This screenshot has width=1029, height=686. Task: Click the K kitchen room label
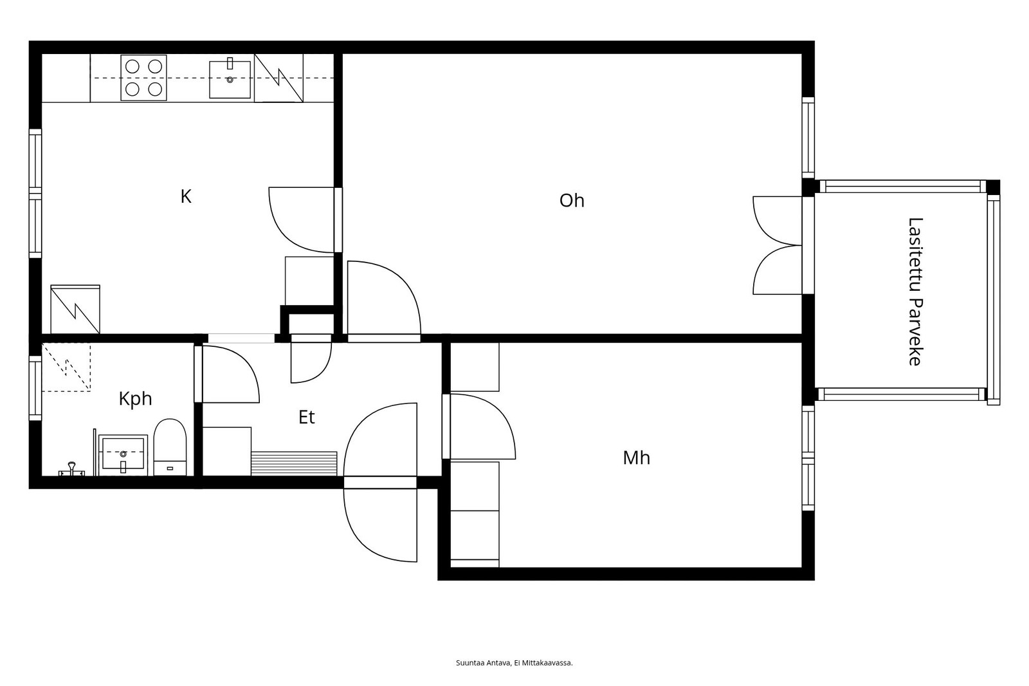tap(186, 196)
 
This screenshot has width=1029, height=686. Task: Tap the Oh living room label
tap(572, 201)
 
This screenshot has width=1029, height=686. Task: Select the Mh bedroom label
tap(636, 458)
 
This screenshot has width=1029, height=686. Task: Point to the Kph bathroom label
tap(135, 398)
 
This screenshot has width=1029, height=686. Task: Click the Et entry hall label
tap(306, 417)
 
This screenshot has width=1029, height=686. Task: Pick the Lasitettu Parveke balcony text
tap(915, 292)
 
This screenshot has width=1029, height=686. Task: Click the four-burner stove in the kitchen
tap(144, 78)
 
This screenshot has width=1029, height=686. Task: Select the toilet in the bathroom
tap(170, 447)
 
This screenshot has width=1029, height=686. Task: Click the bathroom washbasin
tap(123, 454)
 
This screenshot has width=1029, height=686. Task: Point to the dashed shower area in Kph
tap(66, 367)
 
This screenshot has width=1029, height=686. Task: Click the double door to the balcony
tap(778, 246)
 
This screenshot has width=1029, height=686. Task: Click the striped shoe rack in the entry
tap(294, 463)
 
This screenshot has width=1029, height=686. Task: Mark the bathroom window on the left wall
tap(35, 388)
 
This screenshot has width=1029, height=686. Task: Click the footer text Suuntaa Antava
tap(483, 663)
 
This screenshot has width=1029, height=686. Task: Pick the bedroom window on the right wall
tap(808, 458)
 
